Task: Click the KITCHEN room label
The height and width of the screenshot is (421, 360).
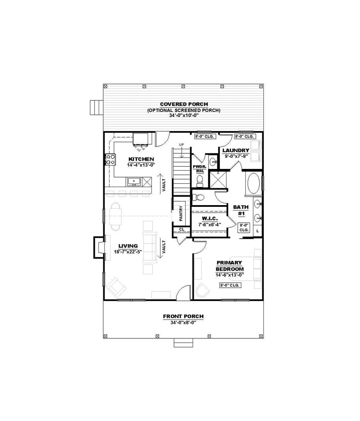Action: pyautogui.click(x=141, y=159)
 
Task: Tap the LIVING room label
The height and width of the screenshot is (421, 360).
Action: pyautogui.click(x=128, y=246)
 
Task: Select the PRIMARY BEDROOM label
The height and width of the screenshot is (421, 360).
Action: pyautogui.click(x=230, y=266)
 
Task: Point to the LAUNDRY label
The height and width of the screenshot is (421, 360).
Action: pyautogui.click(x=236, y=150)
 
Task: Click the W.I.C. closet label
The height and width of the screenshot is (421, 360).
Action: pyautogui.click(x=209, y=219)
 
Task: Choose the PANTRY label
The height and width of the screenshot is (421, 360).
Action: pyautogui.click(x=181, y=213)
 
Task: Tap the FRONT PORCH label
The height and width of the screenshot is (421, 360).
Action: pyautogui.click(x=183, y=317)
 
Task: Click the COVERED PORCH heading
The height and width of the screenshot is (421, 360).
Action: pyautogui.click(x=184, y=104)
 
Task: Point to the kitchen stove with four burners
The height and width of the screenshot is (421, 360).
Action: pyautogui.click(x=110, y=160)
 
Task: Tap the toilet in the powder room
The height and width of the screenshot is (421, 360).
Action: pyautogui.click(x=200, y=181)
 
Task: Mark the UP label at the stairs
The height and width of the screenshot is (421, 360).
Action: pyautogui.click(x=181, y=145)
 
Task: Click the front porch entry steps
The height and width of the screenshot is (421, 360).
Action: pyautogui.click(x=183, y=343)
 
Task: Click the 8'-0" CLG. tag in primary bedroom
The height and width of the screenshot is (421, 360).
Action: pyautogui.click(x=230, y=285)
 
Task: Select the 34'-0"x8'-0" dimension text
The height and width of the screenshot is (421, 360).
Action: pyautogui.click(x=183, y=322)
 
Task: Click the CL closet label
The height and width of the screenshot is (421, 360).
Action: pyautogui.click(x=181, y=229)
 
